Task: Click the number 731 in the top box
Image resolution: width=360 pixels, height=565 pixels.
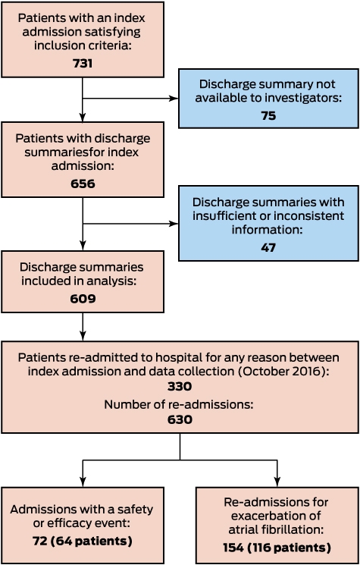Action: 83,64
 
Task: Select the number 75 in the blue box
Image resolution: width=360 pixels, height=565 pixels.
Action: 268,115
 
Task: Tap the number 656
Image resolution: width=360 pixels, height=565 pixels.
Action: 83,184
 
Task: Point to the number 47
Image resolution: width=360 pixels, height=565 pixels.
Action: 268,247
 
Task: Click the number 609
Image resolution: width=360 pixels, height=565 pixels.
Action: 83,299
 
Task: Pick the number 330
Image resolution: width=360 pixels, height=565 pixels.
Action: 180,386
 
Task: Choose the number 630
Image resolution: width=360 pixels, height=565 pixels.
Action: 180,419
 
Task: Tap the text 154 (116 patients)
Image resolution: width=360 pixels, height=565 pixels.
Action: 277,548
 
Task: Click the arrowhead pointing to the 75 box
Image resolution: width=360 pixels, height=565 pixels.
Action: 174,99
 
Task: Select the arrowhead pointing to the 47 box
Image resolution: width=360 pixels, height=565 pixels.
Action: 174,224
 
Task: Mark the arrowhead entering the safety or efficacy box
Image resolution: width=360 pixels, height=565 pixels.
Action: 83,482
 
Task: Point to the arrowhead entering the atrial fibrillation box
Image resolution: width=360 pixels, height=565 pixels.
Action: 277,482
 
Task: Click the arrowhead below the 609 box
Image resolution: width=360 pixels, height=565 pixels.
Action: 83,336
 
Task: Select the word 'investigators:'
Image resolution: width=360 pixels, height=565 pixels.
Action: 305,98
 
